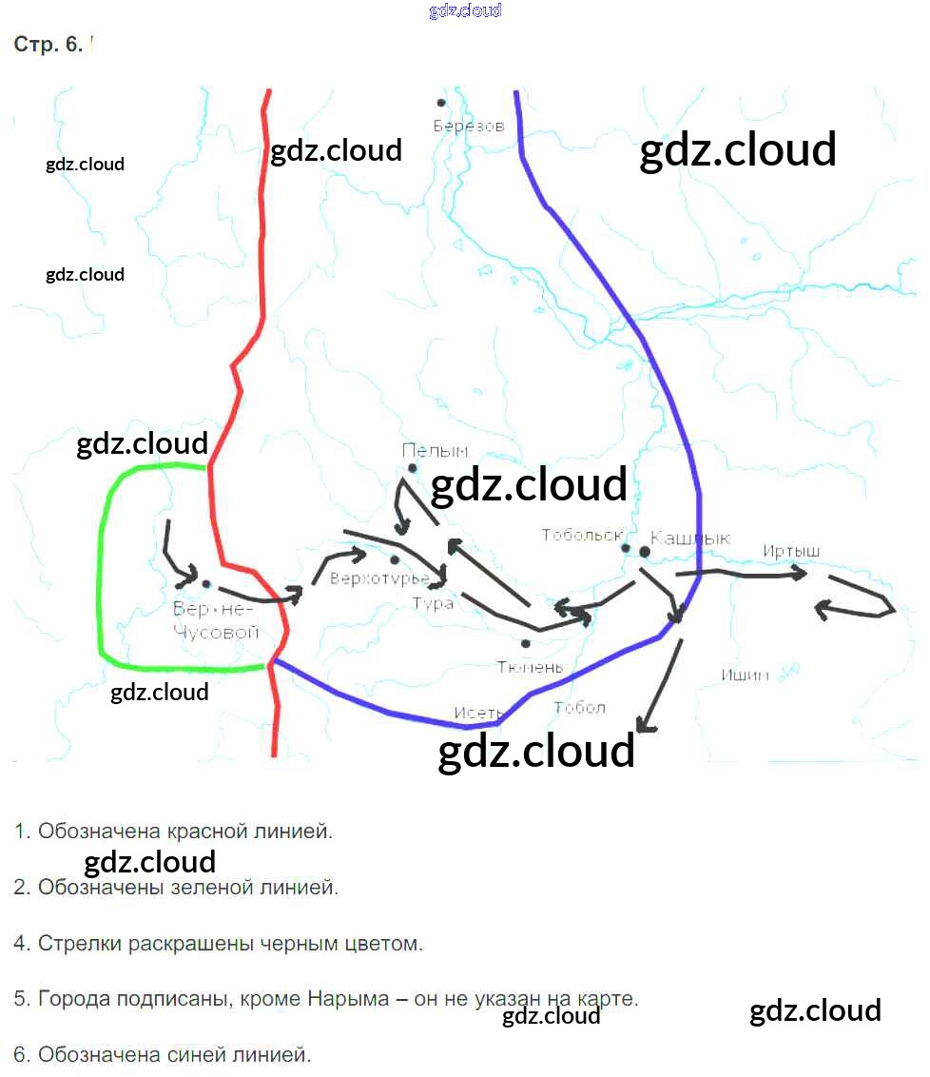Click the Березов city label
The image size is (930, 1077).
(x=469, y=126)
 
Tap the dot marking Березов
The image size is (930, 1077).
(x=441, y=103)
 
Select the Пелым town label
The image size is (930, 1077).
(x=435, y=450)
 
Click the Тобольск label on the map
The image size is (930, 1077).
(x=581, y=535)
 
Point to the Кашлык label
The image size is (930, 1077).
(x=690, y=538)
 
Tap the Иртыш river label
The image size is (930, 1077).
(x=790, y=552)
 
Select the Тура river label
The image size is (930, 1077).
(x=433, y=603)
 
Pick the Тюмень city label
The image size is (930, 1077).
(x=530, y=667)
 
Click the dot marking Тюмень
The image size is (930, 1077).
(x=526, y=644)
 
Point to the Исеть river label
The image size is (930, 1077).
(x=478, y=712)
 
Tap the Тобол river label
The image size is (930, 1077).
(x=578, y=707)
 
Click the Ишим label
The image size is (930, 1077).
(x=745, y=676)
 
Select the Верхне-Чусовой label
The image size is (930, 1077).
(x=216, y=620)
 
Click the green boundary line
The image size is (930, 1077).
(x=101, y=571)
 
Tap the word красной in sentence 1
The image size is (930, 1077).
(x=204, y=832)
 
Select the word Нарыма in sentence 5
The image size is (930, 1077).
(x=349, y=999)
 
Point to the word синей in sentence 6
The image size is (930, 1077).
(x=202, y=1054)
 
